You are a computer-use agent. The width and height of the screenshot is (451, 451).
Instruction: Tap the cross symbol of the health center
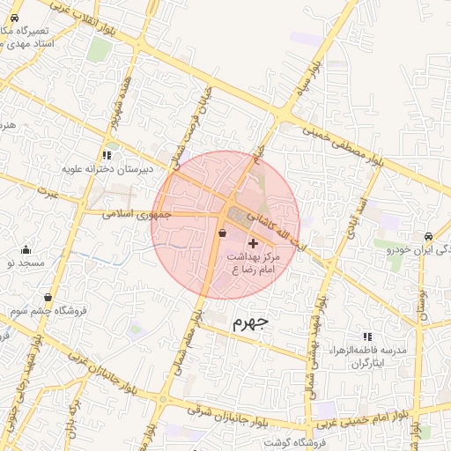[x=254, y=243]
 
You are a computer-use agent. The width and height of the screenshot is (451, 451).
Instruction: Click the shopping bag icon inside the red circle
[x=221, y=233]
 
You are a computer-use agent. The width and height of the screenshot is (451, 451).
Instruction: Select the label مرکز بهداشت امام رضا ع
[x=254, y=262]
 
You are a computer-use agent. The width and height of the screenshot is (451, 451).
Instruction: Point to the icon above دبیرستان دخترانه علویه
[x=107, y=154]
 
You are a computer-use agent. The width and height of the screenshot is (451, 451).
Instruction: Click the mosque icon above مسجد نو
[x=25, y=249]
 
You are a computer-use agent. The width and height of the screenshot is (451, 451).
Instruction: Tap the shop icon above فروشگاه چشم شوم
[x=47, y=298]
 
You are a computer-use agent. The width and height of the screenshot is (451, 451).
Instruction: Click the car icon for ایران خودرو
[x=427, y=237]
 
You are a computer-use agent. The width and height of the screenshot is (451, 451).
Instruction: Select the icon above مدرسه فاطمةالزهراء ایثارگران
[x=366, y=336]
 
